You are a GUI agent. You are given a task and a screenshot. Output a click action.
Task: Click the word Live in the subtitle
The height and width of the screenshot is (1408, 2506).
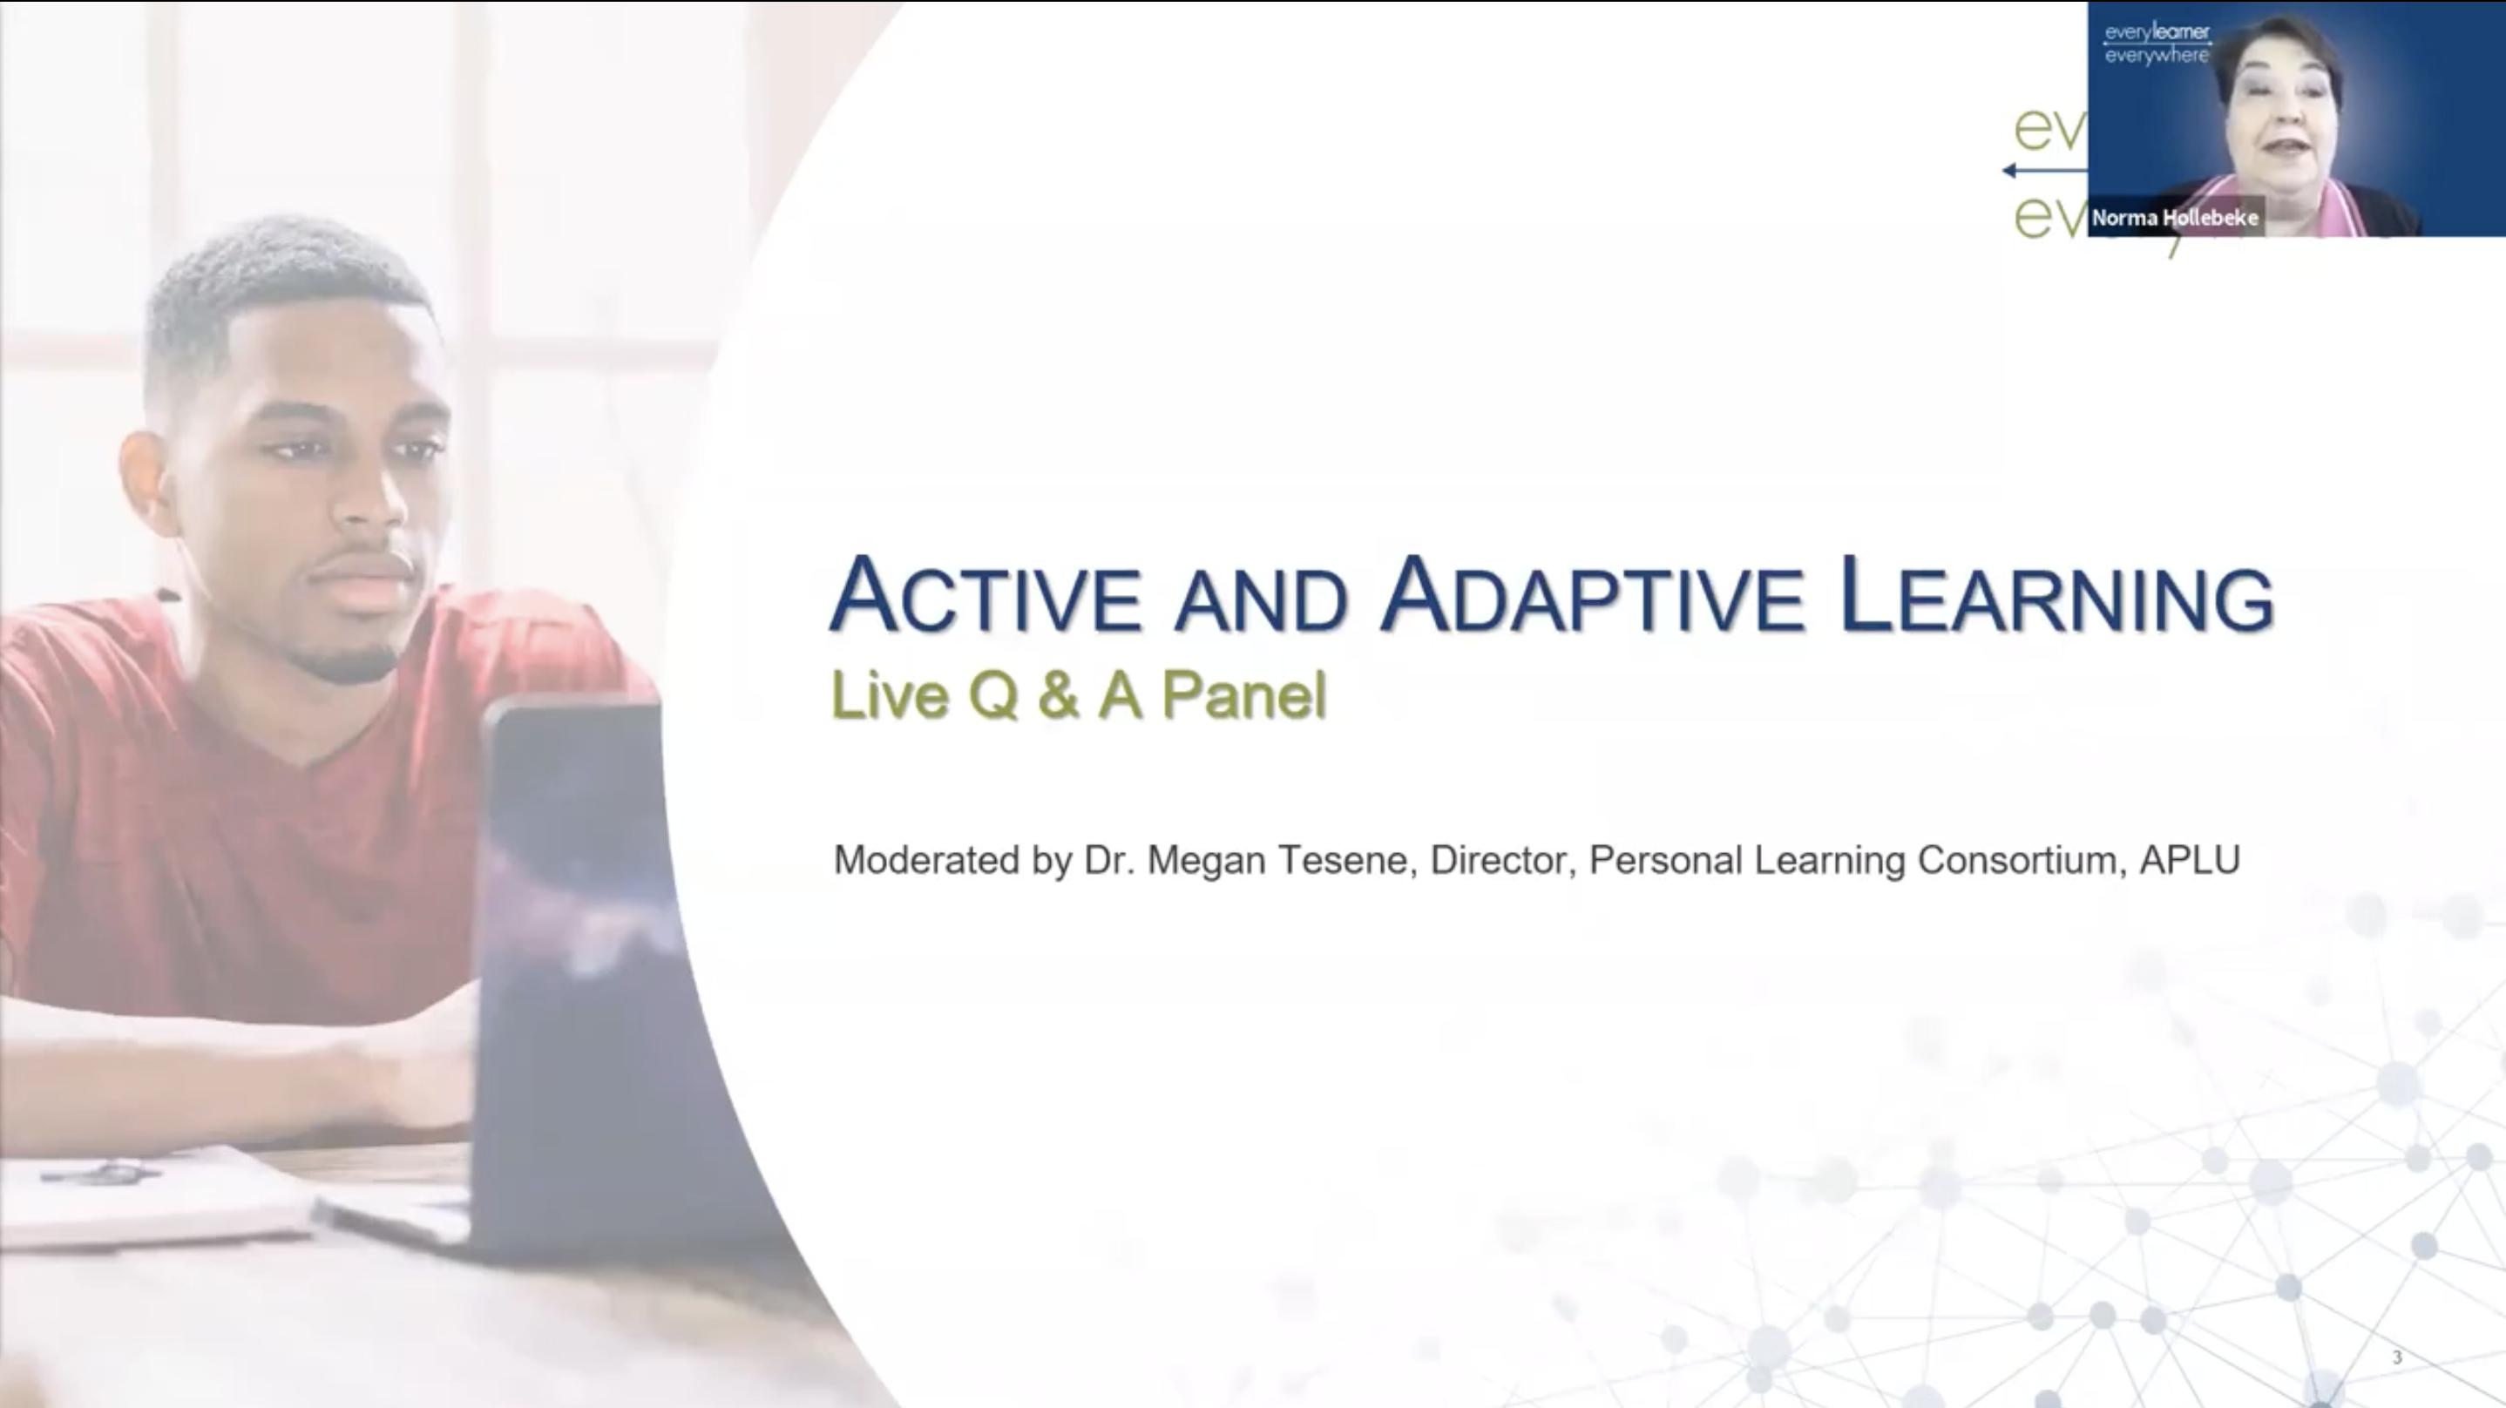[889, 696]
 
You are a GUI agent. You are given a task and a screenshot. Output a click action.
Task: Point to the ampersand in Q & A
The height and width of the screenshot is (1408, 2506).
[1059, 696]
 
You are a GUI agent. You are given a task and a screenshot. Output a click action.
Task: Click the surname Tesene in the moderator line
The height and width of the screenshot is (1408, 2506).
[1346, 860]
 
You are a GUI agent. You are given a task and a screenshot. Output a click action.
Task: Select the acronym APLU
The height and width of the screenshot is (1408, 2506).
[2190, 860]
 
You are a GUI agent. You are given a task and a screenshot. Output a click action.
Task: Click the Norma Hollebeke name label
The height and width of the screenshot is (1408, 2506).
[2175, 218]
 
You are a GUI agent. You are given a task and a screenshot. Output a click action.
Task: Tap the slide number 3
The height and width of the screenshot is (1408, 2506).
[2397, 1357]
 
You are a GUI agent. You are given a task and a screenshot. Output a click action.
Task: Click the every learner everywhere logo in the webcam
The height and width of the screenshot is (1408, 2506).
[2156, 44]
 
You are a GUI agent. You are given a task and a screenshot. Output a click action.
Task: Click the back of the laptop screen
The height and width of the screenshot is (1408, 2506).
[574, 973]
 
